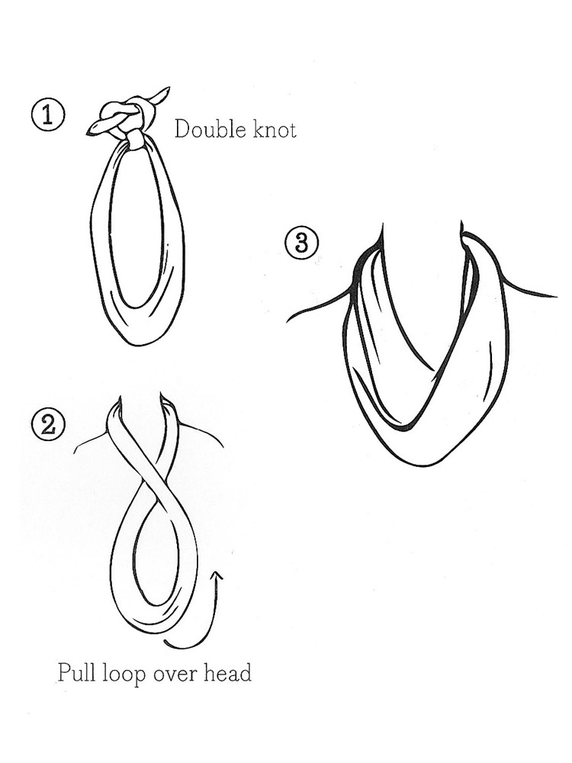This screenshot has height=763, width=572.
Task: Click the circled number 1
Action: pyautogui.click(x=47, y=116)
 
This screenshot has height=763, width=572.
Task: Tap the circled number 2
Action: pyautogui.click(x=48, y=423)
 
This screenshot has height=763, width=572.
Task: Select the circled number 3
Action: pyautogui.click(x=302, y=243)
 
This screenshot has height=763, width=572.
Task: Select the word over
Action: pyautogui.click(x=173, y=675)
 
